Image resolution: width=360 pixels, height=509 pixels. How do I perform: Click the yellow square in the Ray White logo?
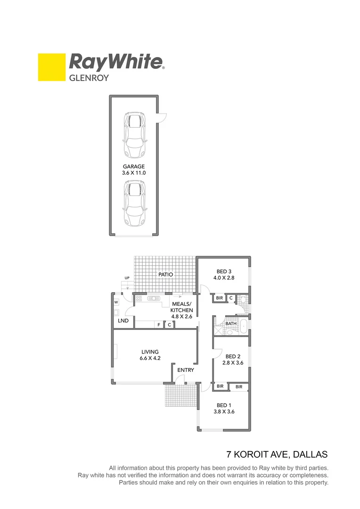(x=52, y=67)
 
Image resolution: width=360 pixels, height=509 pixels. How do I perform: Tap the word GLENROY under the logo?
(x=89, y=78)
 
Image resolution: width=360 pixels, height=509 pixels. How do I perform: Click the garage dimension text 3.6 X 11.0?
(x=134, y=173)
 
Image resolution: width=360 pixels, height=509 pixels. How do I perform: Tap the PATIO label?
(x=165, y=274)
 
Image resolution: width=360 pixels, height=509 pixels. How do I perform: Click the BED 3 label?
(x=224, y=271)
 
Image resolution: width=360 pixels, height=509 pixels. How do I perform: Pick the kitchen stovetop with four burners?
(x=139, y=298)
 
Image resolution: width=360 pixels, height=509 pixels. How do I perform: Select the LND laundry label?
(x=123, y=321)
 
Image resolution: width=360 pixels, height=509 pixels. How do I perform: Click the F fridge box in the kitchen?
(x=159, y=324)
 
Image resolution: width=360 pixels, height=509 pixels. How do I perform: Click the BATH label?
(x=230, y=324)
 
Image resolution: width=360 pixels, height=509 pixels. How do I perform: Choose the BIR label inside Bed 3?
(x=219, y=298)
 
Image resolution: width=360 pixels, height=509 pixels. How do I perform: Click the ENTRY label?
(x=186, y=370)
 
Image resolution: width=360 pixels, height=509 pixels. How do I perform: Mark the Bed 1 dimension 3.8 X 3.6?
(x=224, y=411)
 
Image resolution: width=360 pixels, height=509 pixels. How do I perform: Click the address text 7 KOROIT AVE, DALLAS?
(x=277, y=455)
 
